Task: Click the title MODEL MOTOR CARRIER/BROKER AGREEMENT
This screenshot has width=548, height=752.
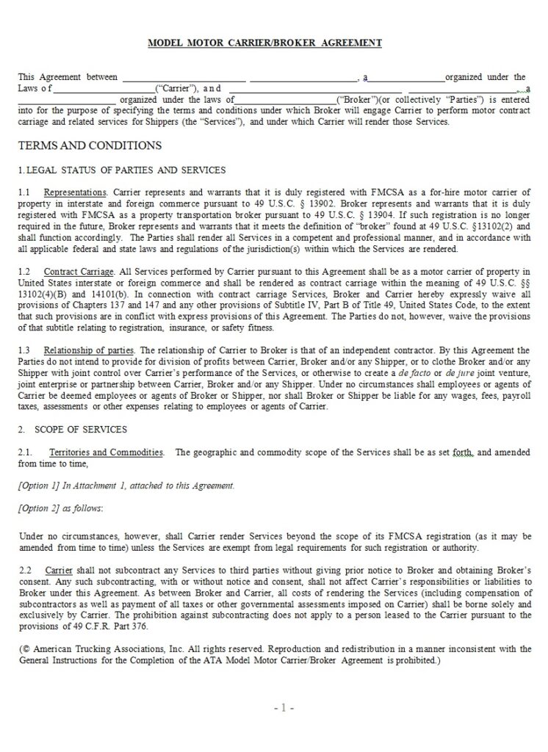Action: [x=265, y=43]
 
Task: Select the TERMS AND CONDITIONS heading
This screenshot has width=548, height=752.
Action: [x=90, y=145]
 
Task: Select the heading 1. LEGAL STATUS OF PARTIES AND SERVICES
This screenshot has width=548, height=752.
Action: [x=121, y=170]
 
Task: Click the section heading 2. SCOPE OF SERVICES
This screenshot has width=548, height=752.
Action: [x=73, y=430]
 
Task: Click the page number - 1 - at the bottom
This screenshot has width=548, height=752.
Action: [x=284, y=709]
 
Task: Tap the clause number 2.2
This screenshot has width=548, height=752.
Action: [x=25, y=570]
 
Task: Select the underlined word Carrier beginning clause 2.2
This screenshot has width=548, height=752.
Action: [x=58, y=570]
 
